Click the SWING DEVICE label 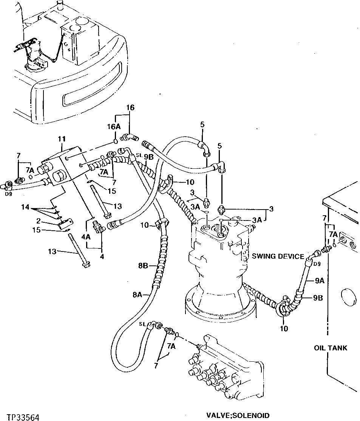278,256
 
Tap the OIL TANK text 330,347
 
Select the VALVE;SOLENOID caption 241,415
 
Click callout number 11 62,140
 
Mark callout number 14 25,207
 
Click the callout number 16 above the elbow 130,107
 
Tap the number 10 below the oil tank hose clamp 284,328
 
